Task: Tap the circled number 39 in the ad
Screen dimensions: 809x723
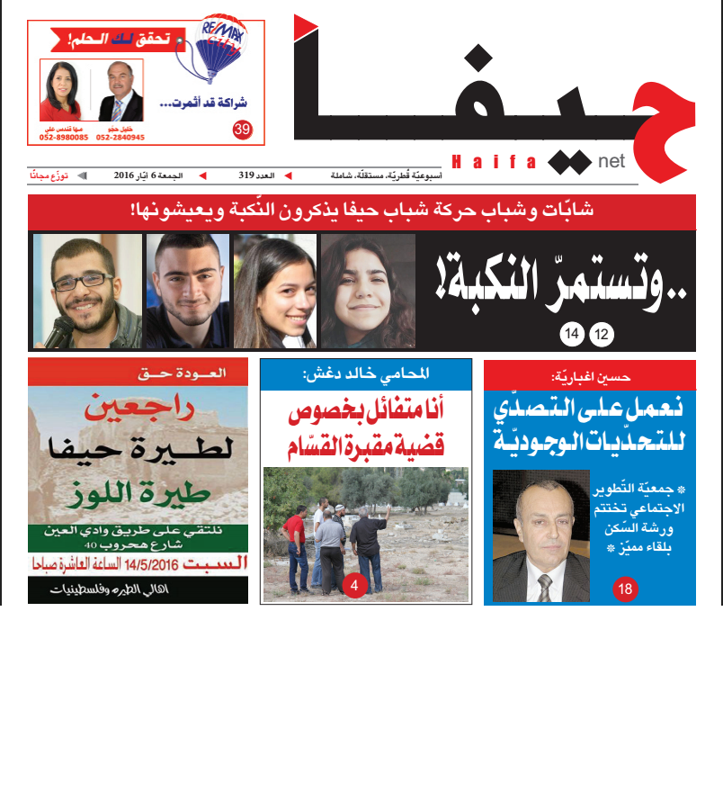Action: point(241,130)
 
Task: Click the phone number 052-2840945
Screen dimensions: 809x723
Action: point(120,138)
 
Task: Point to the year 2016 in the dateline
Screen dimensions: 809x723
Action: point(124,175)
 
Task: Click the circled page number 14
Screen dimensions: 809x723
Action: point(572,336)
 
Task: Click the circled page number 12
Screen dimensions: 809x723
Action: point(602,336)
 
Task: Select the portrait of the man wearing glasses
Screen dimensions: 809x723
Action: point(87,291)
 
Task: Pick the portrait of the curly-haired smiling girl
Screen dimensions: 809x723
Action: point(367,291)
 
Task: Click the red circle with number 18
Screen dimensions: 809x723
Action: point(625,590)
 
